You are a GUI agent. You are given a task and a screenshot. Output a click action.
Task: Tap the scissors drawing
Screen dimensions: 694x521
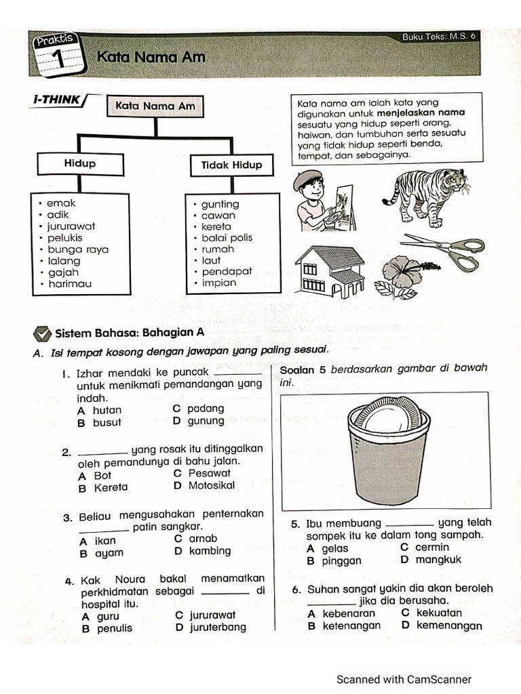tap(444, 251)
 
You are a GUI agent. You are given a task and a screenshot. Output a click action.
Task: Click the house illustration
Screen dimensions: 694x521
tap(330, 270)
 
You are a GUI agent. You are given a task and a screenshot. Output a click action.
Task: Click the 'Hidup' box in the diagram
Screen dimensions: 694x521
tap(80, 163)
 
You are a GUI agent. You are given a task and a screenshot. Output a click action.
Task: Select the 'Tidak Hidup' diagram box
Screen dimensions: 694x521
tap(231, 165)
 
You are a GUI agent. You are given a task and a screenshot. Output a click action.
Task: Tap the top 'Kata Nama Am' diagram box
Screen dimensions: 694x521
tap(155, 106)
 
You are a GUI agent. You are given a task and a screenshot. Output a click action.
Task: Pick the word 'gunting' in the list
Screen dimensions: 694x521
tap(220, 204)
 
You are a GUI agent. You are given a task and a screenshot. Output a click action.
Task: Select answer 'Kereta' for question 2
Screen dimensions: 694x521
tap(111, 487)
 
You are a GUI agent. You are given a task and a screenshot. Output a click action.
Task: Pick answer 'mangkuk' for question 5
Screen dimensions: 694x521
tap(438, 560)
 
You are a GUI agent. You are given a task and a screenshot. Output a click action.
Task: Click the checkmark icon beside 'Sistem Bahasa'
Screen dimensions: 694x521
tap(42, 333)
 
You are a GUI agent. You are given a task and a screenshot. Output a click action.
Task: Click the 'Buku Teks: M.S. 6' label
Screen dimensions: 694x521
tap(439, 37)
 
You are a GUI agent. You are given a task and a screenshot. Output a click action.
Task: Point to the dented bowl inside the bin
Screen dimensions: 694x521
tap(388, 417)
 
